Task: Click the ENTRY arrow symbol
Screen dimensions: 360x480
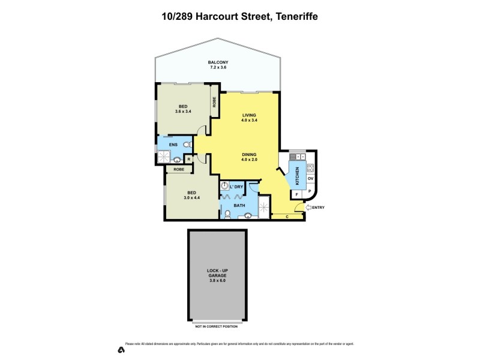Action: (x=308, y=208)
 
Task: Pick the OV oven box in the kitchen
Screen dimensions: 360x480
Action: (x=311, y=179)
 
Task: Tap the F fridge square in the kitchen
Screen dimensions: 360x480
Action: (x=296, y=194)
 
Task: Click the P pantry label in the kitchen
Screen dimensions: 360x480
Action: (x=310, y=192)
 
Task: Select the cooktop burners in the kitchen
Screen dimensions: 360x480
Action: (x=311, y=168)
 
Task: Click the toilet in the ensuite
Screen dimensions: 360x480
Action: (x=187, y=145)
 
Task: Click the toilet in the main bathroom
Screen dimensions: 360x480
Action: (x=227, y=212)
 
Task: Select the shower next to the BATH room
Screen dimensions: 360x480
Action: (x=263, y=208)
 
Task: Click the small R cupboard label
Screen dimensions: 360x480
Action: (x=188, y=159)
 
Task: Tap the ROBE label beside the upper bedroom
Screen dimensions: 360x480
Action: (x=214, y=102)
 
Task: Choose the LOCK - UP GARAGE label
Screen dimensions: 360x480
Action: (x=217, y=275)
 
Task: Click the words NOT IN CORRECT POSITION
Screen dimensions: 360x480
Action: (x=217, y=327)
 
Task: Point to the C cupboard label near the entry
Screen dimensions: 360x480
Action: (x=287, y=216)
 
